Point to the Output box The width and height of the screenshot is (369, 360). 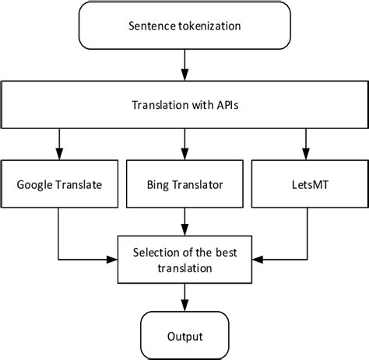[184, 336]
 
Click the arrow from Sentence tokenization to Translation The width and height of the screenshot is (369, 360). [184, 64]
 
